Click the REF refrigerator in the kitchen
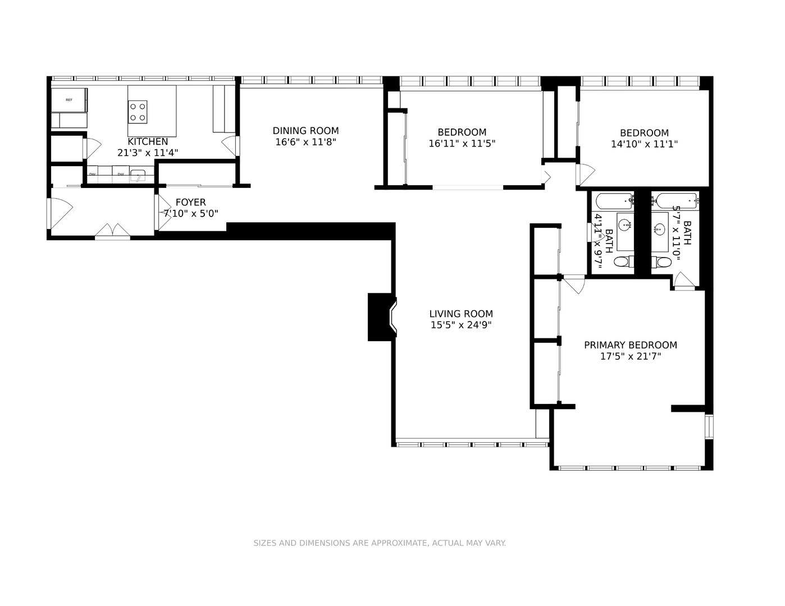(x=69, y=100)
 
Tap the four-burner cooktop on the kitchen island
(x=138, y=112)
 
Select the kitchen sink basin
(x=138, y=177)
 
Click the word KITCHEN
(x=148, y=141)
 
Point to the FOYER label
(x=190, y=202)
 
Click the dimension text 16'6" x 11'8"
(x=305, y=142)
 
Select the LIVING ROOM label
(x=461, y=314)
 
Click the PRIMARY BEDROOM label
(x=630, y=345)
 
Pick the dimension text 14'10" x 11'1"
(x=644, y=144)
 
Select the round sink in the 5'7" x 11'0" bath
(x=659, y=229)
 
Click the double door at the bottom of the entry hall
(x=113, y=231)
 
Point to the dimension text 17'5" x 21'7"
(x=630, y=356)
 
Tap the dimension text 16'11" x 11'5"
(x=462, y=144)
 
